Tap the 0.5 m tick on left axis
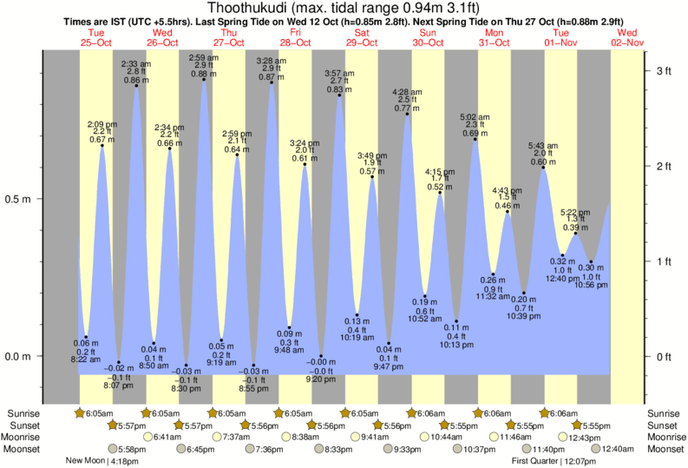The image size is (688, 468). [x=18, y=199]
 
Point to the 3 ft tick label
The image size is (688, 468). [x=664, y=69]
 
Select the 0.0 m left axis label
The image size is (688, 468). [x=18, y=356]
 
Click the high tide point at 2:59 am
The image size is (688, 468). [x=204, y=80]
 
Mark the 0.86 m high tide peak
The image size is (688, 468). [x=136, y=86]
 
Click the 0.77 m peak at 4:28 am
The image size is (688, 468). [x=407, y=114]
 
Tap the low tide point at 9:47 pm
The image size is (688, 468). [x=390, y=344]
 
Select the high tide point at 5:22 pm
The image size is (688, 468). [x=576, y=233]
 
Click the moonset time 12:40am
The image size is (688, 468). [x=619, y=449]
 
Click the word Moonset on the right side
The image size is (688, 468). [x=665, y=449]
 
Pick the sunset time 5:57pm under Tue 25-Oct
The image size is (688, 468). [x=131, y=425]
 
